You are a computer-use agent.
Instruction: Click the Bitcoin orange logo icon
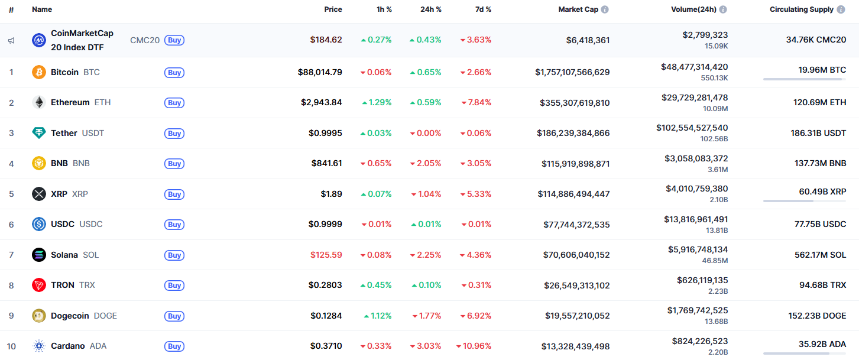point(38,72)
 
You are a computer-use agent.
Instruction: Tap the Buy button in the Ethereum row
point(174,103)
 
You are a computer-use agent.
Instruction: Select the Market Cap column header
point(578,9)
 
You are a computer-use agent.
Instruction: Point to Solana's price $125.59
point(326,255)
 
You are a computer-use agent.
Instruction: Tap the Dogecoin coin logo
point(38,316)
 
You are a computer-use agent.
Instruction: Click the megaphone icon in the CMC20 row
point(11,40)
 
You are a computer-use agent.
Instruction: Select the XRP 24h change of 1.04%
point(426,194)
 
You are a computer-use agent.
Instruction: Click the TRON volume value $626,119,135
point(702,280)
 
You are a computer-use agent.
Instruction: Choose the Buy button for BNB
point(174,164)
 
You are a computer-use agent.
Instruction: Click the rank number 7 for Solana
point(11,255)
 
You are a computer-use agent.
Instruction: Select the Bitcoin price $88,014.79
point(320,72)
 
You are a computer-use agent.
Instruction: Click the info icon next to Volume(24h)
point(723,9)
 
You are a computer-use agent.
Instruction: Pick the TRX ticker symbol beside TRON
point(87,285)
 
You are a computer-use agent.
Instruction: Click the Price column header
point(333,9)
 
